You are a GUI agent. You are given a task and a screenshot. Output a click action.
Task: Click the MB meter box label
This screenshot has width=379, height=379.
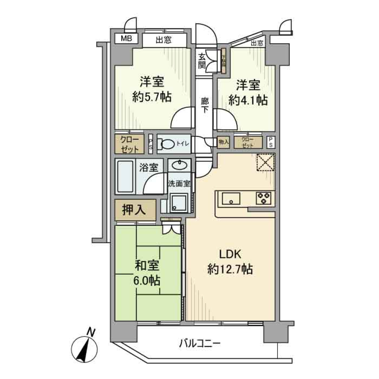126,39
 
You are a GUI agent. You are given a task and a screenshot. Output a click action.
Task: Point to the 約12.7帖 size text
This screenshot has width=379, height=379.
230,270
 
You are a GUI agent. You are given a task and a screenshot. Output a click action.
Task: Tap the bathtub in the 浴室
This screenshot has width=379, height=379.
126,176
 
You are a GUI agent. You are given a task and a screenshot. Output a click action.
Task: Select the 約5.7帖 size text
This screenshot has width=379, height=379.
152,97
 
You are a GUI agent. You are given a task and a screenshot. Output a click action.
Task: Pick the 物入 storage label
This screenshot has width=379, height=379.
223,142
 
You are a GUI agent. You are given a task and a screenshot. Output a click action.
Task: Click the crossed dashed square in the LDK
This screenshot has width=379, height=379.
265,163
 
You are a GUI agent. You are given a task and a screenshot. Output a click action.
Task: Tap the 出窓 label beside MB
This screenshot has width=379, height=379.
163,39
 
